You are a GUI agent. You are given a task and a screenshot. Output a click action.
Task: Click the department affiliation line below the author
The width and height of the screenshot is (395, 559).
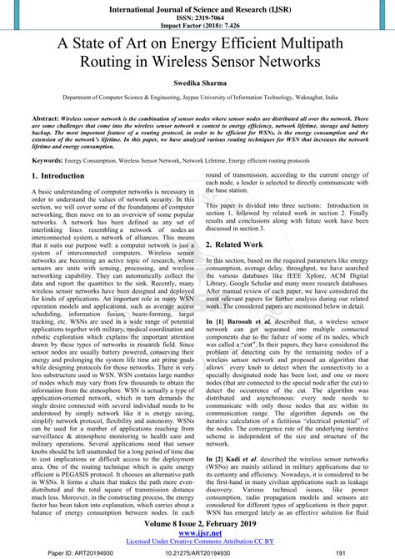point(197,98)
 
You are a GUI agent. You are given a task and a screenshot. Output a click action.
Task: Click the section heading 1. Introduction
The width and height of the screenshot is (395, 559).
point(57,176)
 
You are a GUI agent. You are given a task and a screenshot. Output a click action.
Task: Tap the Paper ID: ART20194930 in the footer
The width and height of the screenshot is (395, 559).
point(65,551)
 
